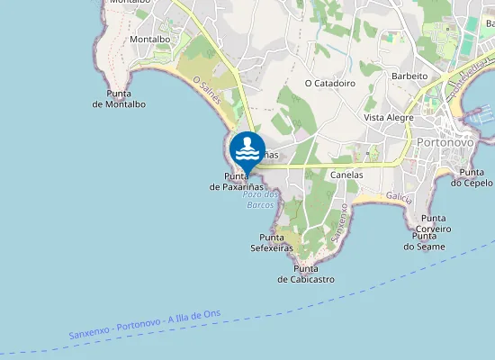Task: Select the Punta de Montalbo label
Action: point(119,99)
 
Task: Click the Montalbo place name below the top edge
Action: point(150,40)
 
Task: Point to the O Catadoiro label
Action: point(330,83)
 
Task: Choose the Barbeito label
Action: point(409,76)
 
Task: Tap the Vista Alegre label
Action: point(389,118)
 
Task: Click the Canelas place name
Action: point(346,175)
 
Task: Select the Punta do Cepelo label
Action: point(472,177)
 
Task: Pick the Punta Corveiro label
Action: point(434,223)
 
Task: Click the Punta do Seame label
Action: point(424,241)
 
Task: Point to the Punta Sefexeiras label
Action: point(271,243)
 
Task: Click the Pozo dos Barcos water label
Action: point(261,200)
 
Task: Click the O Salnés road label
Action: point(208,90)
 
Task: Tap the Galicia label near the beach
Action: point(399,196)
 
